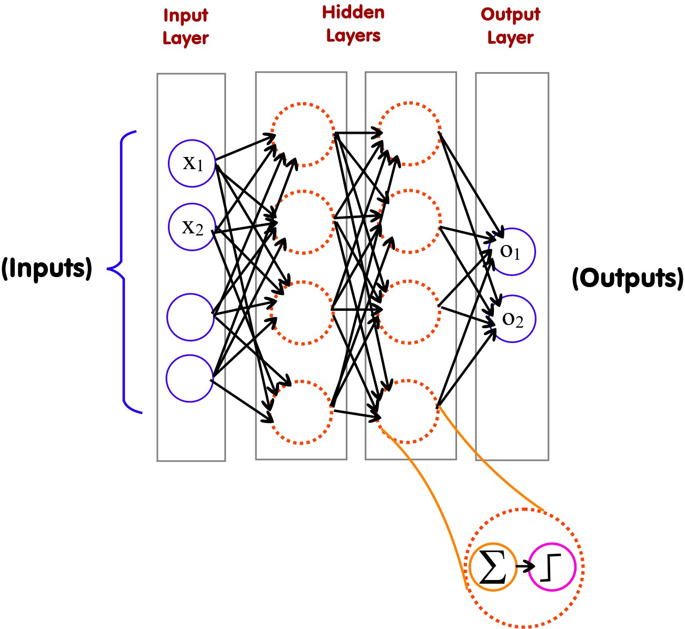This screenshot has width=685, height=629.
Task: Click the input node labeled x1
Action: (192, 163)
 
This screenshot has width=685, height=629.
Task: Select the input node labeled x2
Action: (192, 227)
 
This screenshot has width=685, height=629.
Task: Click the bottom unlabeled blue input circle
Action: (190, 378)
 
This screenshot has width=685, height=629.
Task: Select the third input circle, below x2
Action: (191, 317)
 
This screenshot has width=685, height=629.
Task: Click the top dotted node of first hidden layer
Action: (302, 135)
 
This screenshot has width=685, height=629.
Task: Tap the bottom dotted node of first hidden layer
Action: (301, 411)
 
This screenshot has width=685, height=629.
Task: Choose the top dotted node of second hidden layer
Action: (410, 134)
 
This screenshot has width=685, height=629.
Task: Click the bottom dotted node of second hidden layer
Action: (409, 411)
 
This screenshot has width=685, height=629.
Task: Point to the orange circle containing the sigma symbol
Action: (492, 567)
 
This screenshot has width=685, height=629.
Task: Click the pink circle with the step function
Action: (552, 567)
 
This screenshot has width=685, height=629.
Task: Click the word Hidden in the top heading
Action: (353, 13)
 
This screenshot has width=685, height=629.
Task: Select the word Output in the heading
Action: (510, 14)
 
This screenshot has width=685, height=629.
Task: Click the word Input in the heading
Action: (185, 15)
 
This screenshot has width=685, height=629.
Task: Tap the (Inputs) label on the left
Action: (46, 269)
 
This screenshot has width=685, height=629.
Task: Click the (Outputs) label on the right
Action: (628, 278)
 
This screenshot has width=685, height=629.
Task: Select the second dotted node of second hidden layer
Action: (410, 222)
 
